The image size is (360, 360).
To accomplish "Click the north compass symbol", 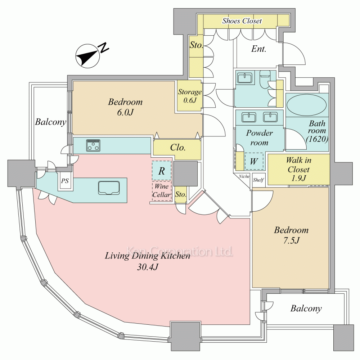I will tap(88, 55).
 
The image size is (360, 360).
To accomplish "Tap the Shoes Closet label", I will tap(242, 21).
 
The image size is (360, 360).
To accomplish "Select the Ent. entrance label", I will tap(258, 49).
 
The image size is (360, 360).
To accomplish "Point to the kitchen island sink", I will tap(109, 188).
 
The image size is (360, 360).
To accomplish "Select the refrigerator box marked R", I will tap(162, 171).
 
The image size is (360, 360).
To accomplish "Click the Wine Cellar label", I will tap(161, 191).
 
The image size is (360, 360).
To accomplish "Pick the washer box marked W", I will tap(254, 161).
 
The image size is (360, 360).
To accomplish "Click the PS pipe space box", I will tap(65, 181).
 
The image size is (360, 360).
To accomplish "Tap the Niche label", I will tap(244, 176).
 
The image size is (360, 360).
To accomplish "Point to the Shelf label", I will tap(258, 180).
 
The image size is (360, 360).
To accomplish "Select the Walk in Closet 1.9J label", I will tap(299, 169).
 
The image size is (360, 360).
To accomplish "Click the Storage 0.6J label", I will tap(190, 96).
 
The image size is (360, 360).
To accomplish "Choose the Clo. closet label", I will tap(177, 148).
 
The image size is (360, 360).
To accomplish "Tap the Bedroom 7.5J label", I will tap(291, 235).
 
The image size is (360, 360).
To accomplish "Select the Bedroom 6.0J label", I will tap(125, 107).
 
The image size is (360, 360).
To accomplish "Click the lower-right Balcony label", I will tap(306, 309).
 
